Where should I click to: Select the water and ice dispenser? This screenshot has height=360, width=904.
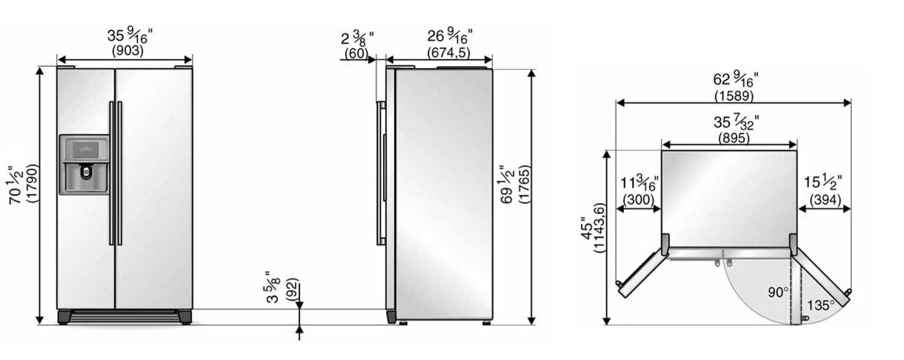(84, 164)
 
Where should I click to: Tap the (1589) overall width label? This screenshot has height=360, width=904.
(734, 96)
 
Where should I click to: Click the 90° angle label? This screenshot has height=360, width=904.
(777, 293)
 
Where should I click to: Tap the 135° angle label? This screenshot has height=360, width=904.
(821, 304)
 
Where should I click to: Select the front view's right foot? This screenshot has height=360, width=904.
(183, 317)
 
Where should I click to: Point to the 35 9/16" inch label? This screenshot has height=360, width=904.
(127, 36)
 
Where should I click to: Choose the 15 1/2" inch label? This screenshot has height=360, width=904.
(822, 182)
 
